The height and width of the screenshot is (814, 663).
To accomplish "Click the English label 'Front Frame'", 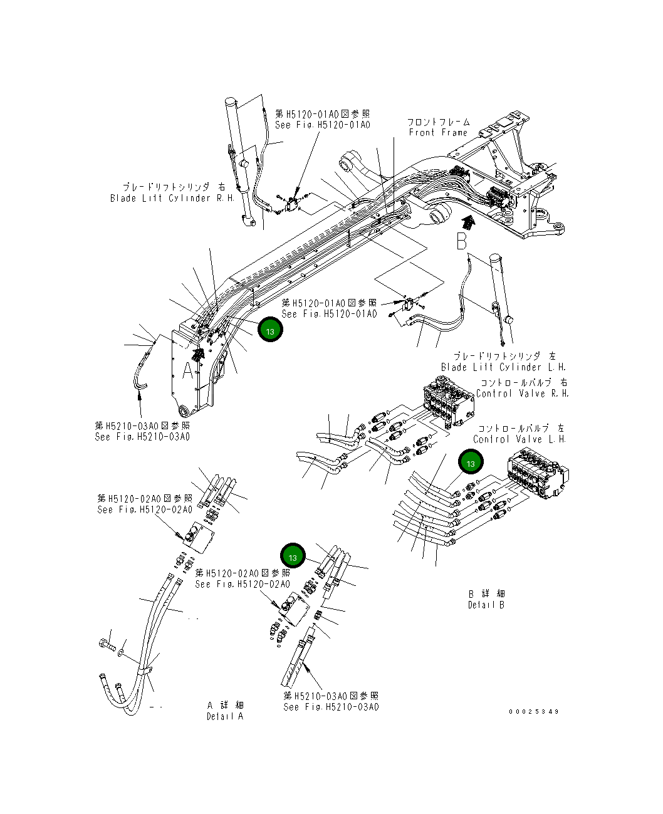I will tap(438, 132).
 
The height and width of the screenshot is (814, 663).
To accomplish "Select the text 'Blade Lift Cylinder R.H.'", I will tap(172, 198).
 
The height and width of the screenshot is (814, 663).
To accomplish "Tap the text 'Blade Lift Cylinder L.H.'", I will tap(503, 367).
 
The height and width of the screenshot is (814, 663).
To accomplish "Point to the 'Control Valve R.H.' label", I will tap(522, 394).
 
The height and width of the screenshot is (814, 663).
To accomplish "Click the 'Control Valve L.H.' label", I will tap(519, 439).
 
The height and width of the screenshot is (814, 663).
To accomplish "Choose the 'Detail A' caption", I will tap(225, 716).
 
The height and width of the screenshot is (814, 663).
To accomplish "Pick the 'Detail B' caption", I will tap(486, 605).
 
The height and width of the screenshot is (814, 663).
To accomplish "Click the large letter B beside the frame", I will tap(462, 241).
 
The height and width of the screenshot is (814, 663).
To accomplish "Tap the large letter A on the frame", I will tap(188, 371).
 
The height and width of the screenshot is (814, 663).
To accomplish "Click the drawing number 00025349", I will tap(534, 711).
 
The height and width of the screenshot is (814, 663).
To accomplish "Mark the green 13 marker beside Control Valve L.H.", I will tap(470, 463).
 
